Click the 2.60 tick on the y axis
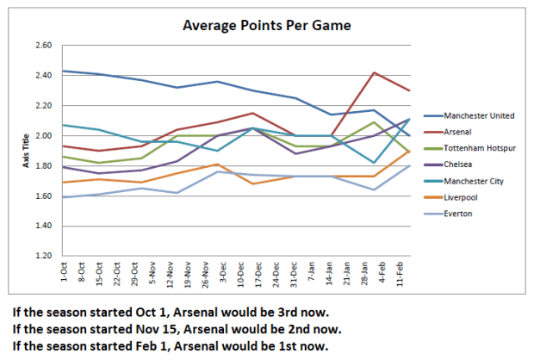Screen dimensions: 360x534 click(x=42, y=46)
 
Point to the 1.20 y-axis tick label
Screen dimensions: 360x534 click(x=42, y=257)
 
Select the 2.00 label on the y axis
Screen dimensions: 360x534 click(x=42, y=136)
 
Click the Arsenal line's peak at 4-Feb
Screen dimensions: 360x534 click(x=373, y=72)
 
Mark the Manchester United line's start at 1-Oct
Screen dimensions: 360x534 click(x=63, y=71)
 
